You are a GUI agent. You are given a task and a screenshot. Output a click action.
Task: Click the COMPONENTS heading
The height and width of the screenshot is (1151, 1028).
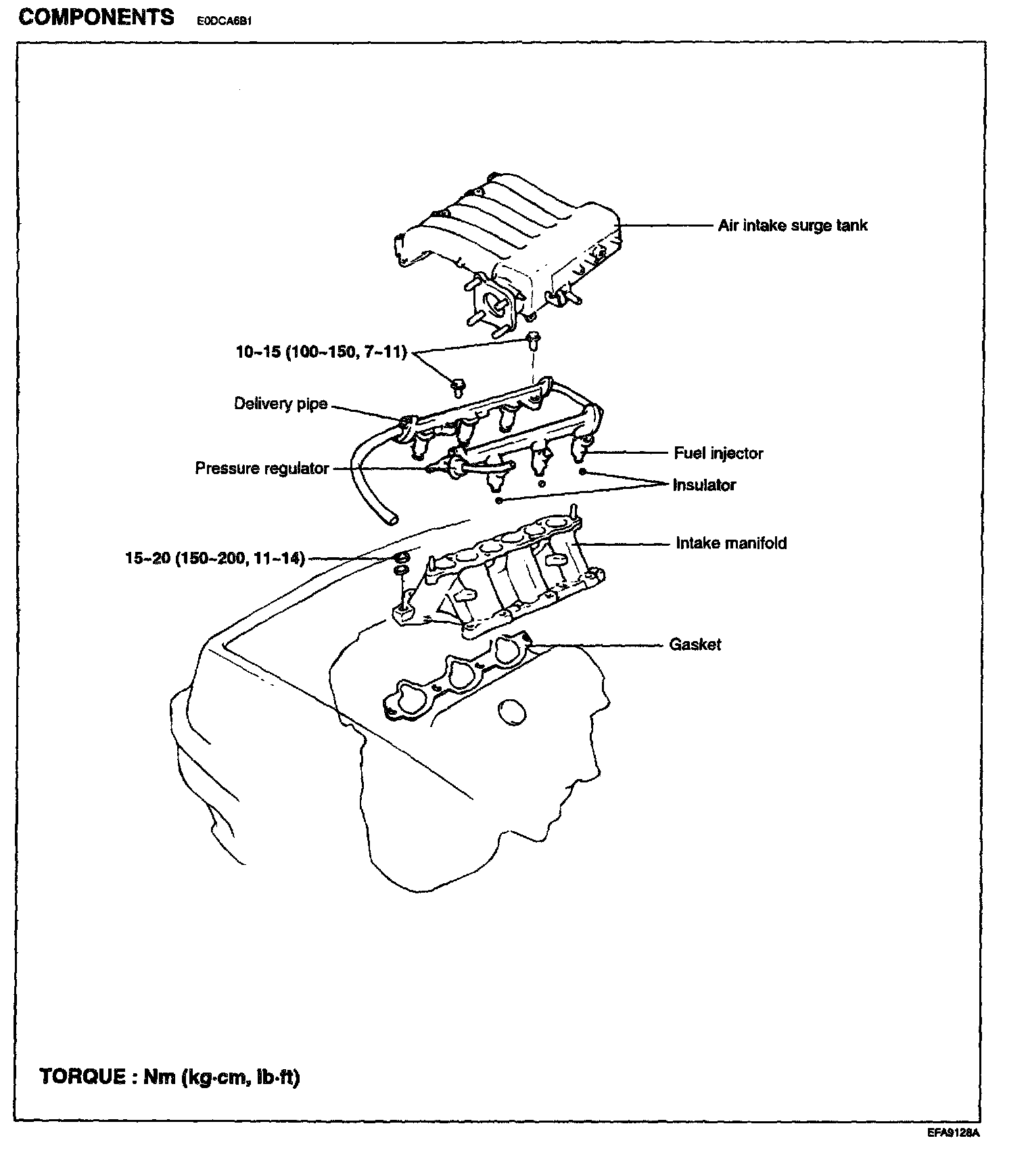point(96,17)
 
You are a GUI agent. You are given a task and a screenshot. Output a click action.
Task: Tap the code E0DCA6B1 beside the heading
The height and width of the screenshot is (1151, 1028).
point(225,21)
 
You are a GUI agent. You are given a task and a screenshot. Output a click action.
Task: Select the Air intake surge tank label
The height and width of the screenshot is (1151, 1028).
point(793,225)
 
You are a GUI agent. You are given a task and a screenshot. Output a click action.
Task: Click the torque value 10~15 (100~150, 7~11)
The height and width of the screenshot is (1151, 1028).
point(321,352)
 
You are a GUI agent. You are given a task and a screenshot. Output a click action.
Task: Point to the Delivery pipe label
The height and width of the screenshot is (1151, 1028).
point(281,404)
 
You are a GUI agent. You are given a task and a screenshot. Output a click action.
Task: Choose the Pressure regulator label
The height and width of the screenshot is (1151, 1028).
point(262,468)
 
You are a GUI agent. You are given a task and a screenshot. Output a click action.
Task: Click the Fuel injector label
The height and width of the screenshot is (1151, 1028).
point(718,453)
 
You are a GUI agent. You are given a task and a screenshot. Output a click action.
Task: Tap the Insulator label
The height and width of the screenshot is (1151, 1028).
point(704,485)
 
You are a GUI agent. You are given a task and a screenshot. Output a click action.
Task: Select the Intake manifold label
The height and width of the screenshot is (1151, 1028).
point(731,543)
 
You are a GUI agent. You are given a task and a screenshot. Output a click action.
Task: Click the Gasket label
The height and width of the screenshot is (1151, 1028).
point(695,644)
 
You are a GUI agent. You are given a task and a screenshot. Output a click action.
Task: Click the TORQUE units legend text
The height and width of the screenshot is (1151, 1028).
point(170,1077)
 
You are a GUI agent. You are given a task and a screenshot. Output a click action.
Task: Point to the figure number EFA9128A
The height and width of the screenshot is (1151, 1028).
point(954,1133)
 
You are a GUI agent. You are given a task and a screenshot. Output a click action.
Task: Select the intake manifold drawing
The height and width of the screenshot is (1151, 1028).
point(500,575)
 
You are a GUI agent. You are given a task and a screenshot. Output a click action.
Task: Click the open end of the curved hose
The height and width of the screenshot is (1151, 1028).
point(390,519)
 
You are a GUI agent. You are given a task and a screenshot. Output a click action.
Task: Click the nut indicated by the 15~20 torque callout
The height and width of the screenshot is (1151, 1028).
point(400,558)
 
